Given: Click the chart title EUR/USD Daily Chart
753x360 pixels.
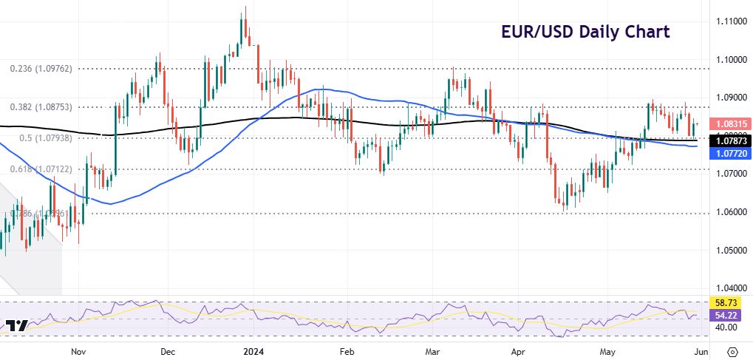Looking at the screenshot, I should pyautogui.click(x=582, y=32).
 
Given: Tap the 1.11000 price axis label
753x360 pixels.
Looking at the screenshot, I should pyautogui.click(x=728, y=21).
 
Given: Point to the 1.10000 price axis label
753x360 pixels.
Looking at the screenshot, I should pyautogui.click(x=728, y=59).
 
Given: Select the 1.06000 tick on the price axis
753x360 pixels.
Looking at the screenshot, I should pyautogui.click(x=728, y=212).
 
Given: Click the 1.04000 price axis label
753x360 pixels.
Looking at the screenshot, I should pyautogui.click(x=728, y=288).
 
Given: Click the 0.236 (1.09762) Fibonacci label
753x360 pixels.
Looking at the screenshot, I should pyautogui.click(x=41, y=68).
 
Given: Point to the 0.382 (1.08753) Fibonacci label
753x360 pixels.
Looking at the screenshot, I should pyautogui.click(x=41, y=106).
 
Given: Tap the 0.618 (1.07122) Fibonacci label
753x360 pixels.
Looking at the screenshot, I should pyautogui.click(x=41, y=169).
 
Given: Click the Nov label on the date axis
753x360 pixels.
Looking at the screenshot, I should pyautogui.click(x=78, y=351).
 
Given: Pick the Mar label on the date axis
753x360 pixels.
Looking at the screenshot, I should pyautogui.click(x=432, y=351).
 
